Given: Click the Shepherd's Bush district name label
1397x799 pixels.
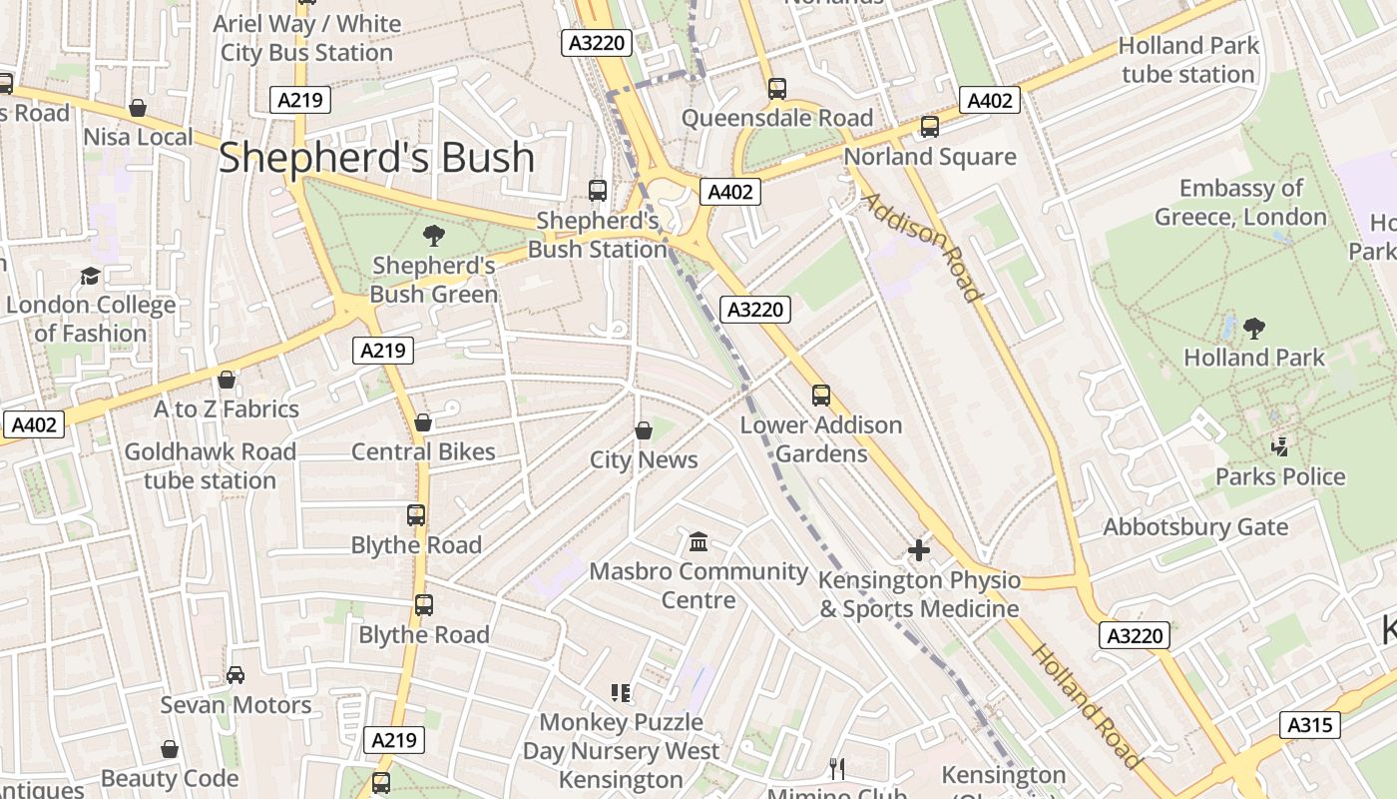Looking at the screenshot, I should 376,158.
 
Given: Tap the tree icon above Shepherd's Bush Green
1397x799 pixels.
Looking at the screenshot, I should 433,236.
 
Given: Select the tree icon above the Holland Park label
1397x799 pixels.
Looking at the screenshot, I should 1253,328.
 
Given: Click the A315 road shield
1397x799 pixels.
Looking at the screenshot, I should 1309,725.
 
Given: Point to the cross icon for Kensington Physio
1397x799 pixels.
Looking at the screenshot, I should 918,550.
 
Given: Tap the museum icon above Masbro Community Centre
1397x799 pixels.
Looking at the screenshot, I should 698,542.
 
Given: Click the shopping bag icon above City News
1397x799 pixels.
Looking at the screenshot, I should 644,430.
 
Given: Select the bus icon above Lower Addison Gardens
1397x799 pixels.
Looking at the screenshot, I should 820,396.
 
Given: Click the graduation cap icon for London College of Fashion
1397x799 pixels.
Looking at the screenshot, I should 90,276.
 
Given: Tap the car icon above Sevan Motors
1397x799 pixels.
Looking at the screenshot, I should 235,675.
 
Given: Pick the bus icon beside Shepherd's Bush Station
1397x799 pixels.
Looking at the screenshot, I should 597,190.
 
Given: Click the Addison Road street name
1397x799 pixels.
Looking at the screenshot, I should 920,247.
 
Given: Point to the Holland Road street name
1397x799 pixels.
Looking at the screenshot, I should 1086,706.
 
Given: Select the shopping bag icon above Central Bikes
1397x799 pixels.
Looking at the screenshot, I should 422,422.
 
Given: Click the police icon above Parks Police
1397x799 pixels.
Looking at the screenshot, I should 1279,446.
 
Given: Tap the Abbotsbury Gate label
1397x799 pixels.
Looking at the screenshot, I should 1195,526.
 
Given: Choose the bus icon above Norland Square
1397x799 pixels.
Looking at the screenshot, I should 929,127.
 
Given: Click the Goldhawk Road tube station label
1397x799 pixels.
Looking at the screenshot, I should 210,466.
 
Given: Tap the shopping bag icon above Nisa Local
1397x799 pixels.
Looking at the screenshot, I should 138,108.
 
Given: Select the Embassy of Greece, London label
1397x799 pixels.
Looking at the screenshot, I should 1240,203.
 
